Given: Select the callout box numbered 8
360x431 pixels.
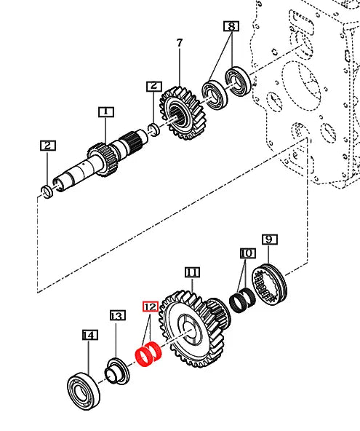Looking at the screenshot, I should tap(230, 27).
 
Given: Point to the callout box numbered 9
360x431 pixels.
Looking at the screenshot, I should tap(268, 239).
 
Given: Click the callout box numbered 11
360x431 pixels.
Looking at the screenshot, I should tap(191, 272).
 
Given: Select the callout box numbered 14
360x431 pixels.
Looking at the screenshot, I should tap(89, 335).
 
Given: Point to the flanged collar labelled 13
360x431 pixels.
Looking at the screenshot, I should tap(115, 369).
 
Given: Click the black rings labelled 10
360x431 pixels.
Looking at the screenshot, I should tap(241, 298).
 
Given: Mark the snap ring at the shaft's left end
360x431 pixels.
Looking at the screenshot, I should tap(47, 192).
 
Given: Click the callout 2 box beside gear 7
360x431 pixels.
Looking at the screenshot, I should tap(153, 86).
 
